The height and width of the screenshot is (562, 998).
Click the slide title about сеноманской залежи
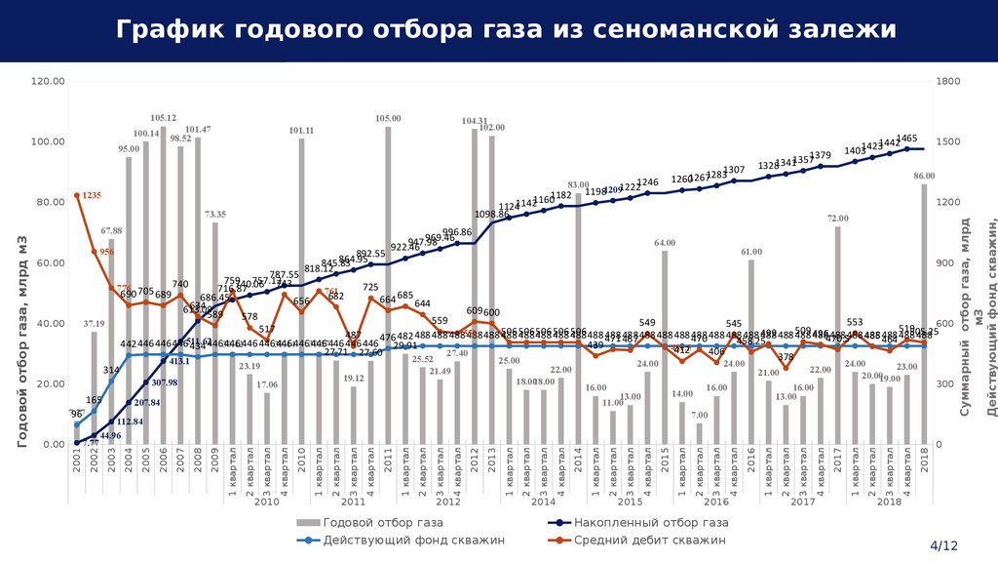point(507,30)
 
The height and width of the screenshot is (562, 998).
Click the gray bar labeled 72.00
point(837,337)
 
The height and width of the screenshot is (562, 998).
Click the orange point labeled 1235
point(77,196)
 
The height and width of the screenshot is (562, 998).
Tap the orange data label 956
point(107,252)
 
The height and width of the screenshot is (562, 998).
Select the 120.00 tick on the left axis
point(48,81)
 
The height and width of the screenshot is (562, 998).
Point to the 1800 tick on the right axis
point(947,81)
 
